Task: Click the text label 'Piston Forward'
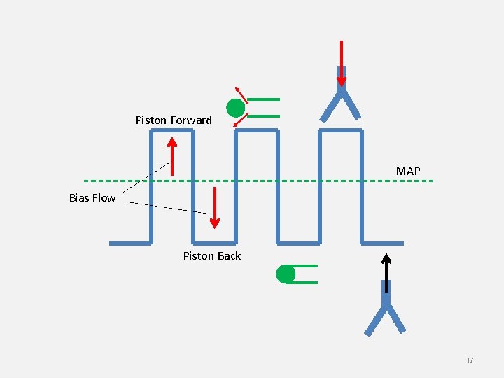click(174, 120)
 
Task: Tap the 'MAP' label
click(408, 171)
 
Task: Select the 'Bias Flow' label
click(92, 198)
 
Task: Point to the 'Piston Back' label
click(212, 256)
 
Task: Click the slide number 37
click(469, 360)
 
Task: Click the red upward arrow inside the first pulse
click(172, 156)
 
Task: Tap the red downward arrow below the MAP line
click(215, 207)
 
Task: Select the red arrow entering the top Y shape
click(341, 63)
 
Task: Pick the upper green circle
click(236, 108)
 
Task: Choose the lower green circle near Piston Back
click(286, 274)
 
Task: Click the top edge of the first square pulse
click(171, 131)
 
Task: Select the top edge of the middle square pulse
click(256, 131)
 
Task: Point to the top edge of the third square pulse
click(341, 131)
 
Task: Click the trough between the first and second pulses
click(214, 244)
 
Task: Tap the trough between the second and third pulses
click(299, 244)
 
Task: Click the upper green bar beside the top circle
click(264, 99)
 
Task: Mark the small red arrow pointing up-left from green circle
click(240, 94)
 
